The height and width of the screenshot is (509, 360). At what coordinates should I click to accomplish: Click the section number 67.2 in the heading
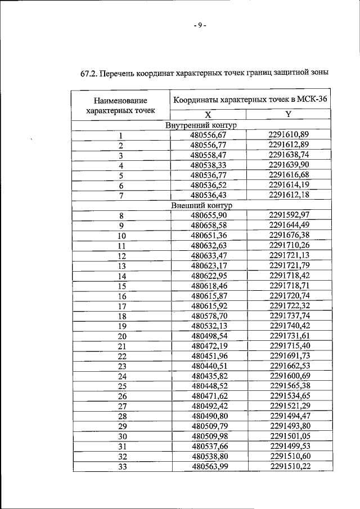pos(89,73)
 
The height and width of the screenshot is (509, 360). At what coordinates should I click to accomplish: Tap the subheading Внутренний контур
pos(202,125)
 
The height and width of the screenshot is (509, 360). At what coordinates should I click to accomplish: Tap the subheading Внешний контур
pos(202,205)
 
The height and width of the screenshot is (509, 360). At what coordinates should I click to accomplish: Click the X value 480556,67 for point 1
pos(208,135)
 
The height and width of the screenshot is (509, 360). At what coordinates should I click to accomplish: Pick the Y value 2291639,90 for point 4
pos(289,165)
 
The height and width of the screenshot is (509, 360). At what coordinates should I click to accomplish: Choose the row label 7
pos(120,196)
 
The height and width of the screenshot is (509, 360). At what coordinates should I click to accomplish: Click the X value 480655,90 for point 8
pos(208,215)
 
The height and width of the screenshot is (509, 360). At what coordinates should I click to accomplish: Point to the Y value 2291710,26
pos(290,246)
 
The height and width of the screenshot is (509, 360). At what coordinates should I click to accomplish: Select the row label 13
pos(121,266)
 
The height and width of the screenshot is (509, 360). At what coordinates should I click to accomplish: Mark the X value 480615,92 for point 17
pos(208,307)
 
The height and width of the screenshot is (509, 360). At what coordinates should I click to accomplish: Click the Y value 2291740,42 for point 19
pos(290,326)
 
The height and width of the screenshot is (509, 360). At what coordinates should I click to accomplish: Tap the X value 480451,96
pos(208,357)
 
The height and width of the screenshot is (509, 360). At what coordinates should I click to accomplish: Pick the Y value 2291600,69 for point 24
pos(290,376)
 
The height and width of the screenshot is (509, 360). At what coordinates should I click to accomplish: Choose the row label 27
pos(121,407)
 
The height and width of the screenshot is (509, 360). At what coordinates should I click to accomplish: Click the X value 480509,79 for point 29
pos(208,426)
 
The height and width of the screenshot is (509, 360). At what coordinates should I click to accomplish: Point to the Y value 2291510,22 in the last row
pos(290,467)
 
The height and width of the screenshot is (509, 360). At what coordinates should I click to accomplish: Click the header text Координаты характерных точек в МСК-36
pos(250,100)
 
